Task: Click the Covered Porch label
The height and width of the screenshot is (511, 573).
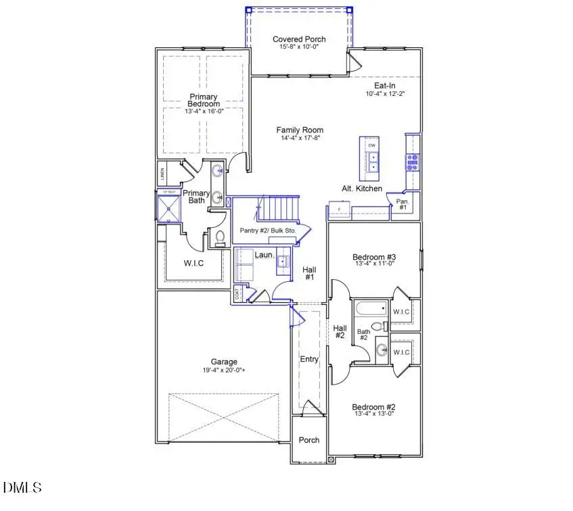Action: click(x=300, y=40)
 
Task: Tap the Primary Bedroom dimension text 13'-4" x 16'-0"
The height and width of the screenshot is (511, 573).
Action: click(x=204, y=111)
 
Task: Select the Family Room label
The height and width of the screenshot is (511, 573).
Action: click(x=300, y=130)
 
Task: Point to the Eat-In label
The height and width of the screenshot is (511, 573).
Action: click(x=385, y=86)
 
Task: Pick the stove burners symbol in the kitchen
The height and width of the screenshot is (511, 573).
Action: click(x=411, y=161)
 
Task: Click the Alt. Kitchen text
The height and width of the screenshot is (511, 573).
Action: click(x=362, y=189)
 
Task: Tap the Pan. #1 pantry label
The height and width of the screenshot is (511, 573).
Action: click(x=402, y=204)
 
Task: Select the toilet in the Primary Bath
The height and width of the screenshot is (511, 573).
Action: click(x=219, y=238)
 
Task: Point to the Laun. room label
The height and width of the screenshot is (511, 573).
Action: click(x=264, y=255)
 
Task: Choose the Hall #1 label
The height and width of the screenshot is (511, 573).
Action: click(x=310, y=272)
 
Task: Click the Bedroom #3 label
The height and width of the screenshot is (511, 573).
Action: click(x=374, y=257)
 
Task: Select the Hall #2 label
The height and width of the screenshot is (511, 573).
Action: click(x=340, y=332)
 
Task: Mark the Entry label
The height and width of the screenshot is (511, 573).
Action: click(x=309, y=359)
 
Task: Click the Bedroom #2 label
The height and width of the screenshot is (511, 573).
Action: click(x=373, y=407)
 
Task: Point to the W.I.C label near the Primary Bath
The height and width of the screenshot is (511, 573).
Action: click(x=193, y=263)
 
